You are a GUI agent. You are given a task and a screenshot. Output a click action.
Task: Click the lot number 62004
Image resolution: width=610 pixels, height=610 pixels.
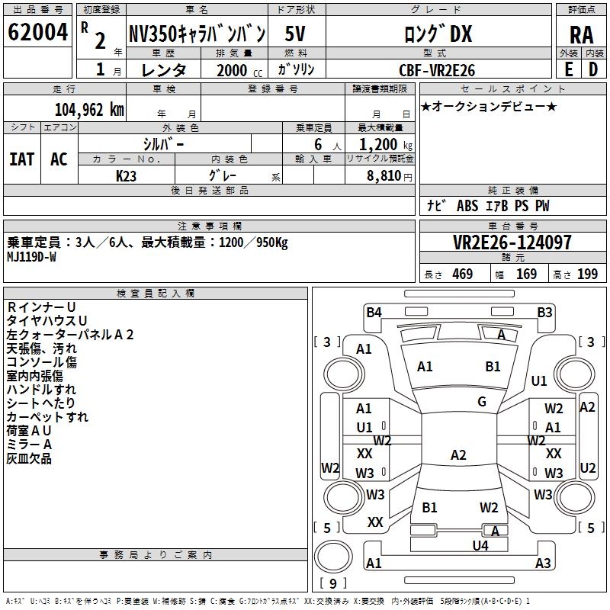pyautogui.click(x=37, y=32)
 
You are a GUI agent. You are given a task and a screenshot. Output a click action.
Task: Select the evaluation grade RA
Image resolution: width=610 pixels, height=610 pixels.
pyautogui.click(x=582, y=35)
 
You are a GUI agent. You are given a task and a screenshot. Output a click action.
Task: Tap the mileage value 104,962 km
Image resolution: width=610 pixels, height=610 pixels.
pyautogui.click(x=89, y=110)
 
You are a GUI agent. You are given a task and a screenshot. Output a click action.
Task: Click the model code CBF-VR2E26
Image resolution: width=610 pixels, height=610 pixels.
pyautogui.click(x=437, y=70)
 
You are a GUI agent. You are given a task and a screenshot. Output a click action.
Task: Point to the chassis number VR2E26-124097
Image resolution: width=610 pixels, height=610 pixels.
pyautogui.click(x=512, y=242)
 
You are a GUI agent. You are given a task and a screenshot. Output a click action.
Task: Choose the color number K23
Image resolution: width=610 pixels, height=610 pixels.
pyautogui.click(x=126, y=176)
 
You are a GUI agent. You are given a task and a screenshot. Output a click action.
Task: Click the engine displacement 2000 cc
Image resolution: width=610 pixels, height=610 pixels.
pyautogui.click(x=239, y=70)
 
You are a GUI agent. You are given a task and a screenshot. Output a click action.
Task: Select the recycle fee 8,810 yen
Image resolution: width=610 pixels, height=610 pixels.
pyautogui.click(x=390, y=176)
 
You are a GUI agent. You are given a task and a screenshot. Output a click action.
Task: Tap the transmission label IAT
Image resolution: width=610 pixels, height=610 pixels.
pyautogui.click(x=22, y=159)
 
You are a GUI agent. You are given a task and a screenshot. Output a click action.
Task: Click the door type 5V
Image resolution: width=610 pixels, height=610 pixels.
pyautogui.click(x=295, y=34)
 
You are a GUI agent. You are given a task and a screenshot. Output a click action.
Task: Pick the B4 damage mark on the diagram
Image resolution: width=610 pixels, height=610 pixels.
pyautogui.click(x=374, y=313)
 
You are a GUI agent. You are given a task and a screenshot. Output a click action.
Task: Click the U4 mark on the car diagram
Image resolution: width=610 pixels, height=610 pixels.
pyautogui.click(x=480, y=545)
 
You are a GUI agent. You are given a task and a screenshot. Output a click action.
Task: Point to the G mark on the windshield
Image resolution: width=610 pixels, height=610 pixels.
pyautogui.click(x=482, y=402)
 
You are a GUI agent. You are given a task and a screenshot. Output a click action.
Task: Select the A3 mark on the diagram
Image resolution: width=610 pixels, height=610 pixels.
pyautogui.click(x=543, y=563)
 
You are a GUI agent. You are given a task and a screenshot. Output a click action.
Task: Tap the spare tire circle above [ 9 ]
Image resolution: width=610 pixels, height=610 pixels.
pyautogui.click(x=333, y=557)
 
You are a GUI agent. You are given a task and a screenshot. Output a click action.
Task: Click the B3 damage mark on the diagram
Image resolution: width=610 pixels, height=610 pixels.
pyautogui.click(x=544, y=313)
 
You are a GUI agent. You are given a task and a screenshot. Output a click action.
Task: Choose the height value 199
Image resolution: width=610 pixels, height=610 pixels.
pyautogui.click(x=587, y=274)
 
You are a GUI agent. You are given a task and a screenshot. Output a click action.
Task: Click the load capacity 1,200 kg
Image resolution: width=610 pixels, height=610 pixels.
pyautogui.click(x=386, y=145)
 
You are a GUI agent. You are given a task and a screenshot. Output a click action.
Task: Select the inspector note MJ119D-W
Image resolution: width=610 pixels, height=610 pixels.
pyautogui.click(x=31, y=257)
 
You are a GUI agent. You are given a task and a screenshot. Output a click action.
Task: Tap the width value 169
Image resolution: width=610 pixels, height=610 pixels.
pyautogui.click(x=526, y=274)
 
